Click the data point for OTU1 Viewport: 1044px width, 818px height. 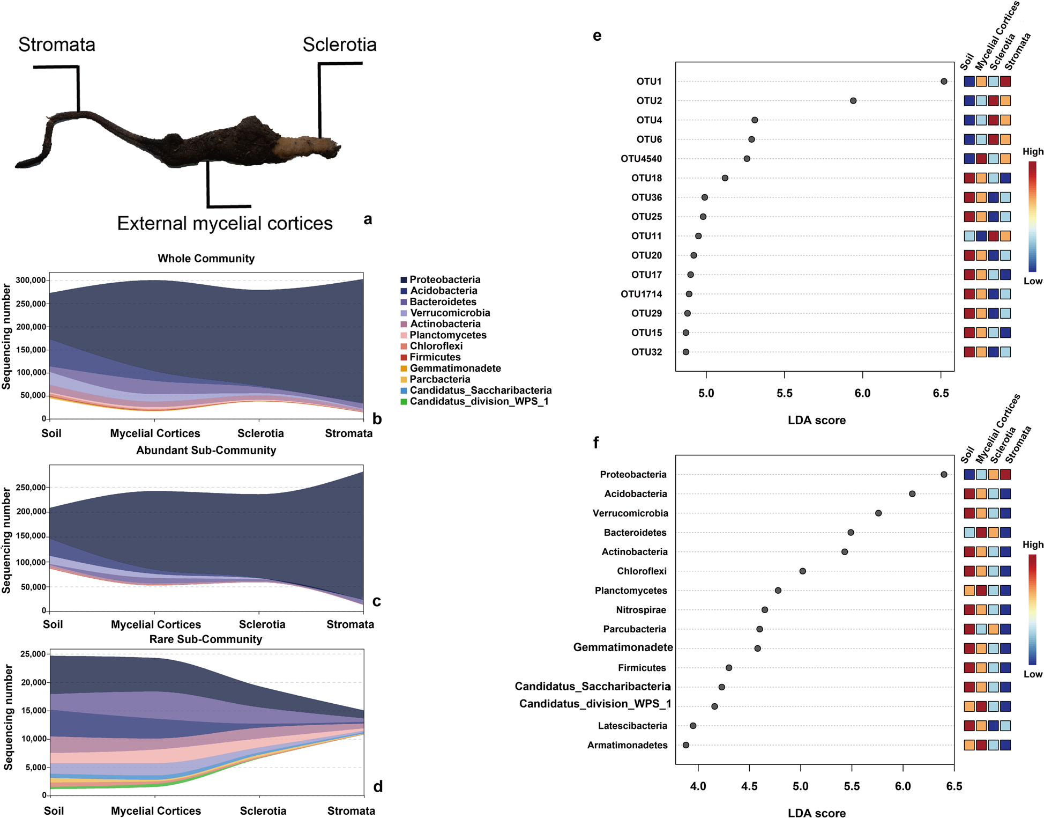pos(944,82)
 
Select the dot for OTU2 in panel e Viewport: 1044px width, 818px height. pos(853,101)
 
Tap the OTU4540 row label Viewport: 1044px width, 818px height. pos(641,159)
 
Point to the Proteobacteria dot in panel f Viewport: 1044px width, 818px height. pos(944,475)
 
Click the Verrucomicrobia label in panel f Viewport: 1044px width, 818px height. pos(630,513)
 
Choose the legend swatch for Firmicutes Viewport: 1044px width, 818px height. pos(404,357)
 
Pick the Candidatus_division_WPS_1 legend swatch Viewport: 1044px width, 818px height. pos(404,402)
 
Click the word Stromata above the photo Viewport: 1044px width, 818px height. pos(57,44)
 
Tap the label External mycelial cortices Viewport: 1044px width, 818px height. pos(225,223)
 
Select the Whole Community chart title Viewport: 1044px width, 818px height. pos(206,259)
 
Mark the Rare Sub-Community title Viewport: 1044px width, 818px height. pos(206,639)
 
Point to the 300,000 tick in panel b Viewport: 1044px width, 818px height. pos(31,280)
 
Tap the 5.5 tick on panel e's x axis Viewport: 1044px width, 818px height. pos(784,393)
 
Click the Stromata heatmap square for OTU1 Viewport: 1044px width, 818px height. pos(1005,82)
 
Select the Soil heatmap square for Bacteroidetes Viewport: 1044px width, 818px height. pos(969,533)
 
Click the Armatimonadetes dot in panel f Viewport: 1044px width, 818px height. pos(685,745)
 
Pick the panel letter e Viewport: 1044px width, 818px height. pos(597,36)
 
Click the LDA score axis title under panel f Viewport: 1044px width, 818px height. pos(816,813)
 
